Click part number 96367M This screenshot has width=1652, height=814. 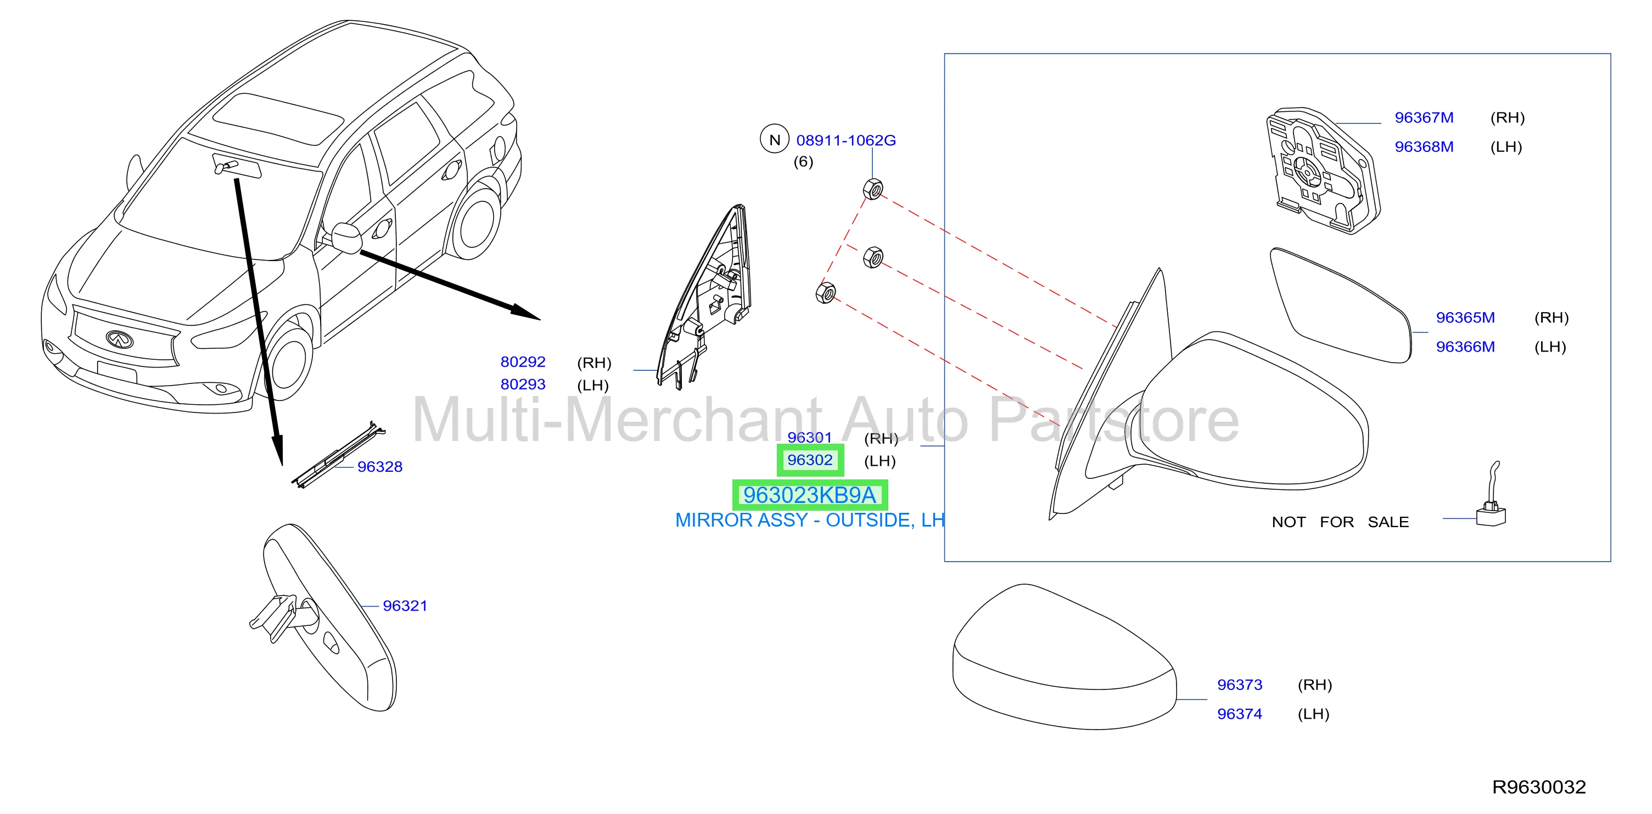1424,118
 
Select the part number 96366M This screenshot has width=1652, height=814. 1465,347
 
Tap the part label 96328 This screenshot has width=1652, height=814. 380,467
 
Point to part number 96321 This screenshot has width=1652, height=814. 405,606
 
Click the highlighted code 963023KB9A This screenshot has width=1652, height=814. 809,495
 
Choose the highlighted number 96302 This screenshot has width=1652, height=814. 810,460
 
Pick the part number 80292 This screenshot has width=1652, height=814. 523,362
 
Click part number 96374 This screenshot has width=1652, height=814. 1240,714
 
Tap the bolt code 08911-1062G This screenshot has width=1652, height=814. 846,140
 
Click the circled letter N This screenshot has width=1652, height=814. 775,139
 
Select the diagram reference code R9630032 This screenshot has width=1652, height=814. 1539,787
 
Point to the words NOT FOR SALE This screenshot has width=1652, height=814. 1340,522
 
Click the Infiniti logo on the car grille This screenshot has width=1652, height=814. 119,338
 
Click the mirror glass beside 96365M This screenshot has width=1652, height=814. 1340,305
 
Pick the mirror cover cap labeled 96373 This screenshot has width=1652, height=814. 1065,657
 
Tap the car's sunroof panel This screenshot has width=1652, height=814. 277,120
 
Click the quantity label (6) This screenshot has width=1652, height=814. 803,161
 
